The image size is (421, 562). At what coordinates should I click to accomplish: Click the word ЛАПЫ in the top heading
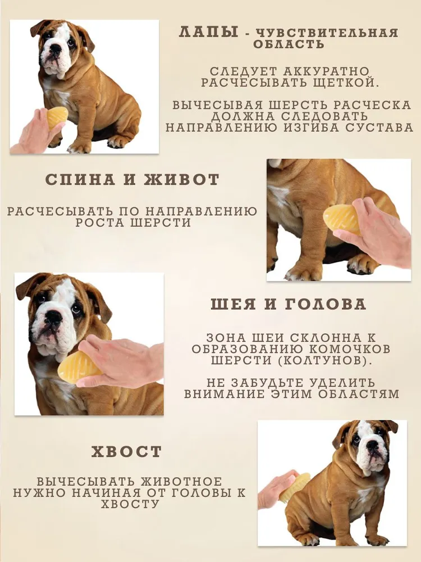pos(209,32)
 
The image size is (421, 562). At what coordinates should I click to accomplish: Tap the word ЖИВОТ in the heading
pos(181,179)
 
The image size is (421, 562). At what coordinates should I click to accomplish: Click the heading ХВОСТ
pos(126,452)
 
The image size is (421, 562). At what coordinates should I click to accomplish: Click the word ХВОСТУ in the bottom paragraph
pos(130,504)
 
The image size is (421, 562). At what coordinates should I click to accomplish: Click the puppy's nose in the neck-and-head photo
pos(54,316)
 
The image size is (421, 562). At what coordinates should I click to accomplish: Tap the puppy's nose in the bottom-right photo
pos(372,445)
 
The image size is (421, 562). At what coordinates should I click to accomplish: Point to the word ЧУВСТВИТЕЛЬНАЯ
pos(327,33)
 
